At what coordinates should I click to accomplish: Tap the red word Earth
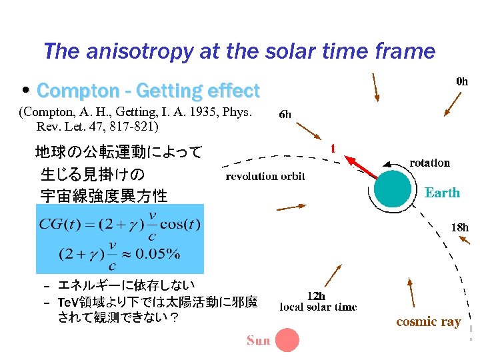(442, 193)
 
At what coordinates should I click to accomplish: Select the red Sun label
(258, 341)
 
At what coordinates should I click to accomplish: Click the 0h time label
(461, 81)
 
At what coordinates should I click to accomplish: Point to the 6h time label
(285, 115)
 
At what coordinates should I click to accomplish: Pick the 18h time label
(459, 227)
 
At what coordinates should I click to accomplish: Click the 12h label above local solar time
(316, 295)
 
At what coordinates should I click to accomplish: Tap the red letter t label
(333, 148)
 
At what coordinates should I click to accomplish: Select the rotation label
(429, 163)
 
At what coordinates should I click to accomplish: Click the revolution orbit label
(265, 176)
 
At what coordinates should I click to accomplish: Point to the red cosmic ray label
(428, 322)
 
